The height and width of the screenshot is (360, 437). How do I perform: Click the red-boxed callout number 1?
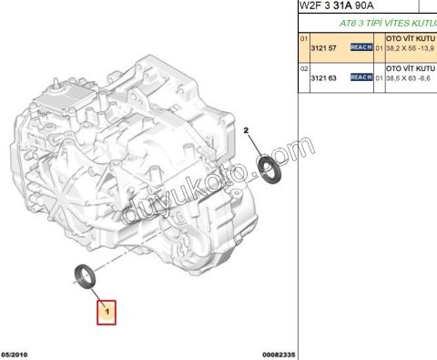pyautogui.click(x=108, y=313)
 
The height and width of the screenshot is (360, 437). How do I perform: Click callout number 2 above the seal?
pyautogui.click(x=246, y=131)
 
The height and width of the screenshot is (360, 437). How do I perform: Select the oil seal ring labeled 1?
pyautogui.click(x=86, y=275)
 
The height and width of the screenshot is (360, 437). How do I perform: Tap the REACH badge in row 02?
pyautogui.click(x=361, y=79)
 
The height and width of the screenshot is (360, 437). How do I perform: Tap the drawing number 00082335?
pyautogui.click(x=279, y=354)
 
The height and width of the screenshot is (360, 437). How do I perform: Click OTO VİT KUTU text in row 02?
pyautogui.click(x=411, y=68)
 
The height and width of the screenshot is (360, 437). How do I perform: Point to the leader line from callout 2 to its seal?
pyautogui.click(x=257, y=148)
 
